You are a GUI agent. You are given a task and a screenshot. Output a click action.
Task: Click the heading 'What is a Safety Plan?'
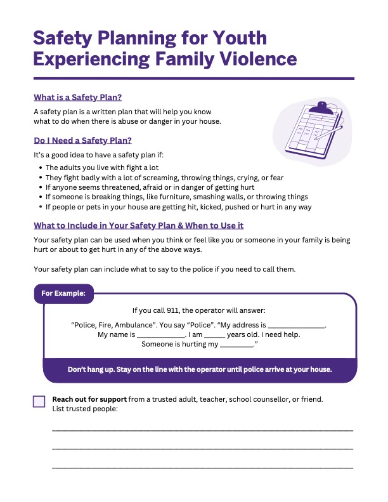77,98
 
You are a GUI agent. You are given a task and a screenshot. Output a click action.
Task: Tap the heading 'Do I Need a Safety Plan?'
82,140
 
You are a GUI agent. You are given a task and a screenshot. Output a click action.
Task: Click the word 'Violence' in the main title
252,58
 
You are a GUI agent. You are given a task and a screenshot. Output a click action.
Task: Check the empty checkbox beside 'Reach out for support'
39,401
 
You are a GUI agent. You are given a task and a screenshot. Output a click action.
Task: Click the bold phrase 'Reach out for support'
89,399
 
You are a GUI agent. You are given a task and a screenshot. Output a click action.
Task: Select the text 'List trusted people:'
85,409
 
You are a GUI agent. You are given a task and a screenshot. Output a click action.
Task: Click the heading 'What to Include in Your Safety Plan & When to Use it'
139,225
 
